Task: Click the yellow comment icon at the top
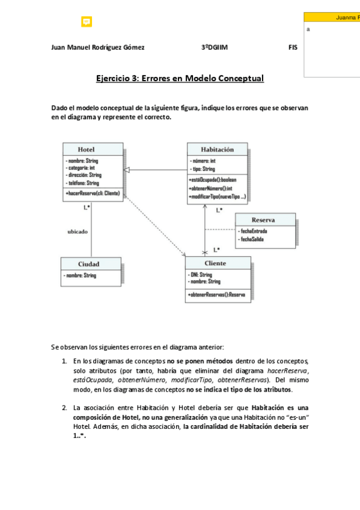point(86,22)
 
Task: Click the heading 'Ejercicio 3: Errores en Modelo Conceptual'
point(180,78)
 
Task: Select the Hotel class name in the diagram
point(86,149)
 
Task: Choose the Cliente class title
point(215,263)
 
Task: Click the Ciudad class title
point(88,263)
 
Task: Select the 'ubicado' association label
point(78,232)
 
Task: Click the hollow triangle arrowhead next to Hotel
point(128,170)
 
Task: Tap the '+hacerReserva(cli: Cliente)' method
point(92,193)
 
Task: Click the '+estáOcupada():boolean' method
point(213,180)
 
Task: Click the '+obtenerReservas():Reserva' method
point(216,295)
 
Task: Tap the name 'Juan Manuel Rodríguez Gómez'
point(98,48)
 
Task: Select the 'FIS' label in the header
point(293,48)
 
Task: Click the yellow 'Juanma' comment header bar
point(332,18)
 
